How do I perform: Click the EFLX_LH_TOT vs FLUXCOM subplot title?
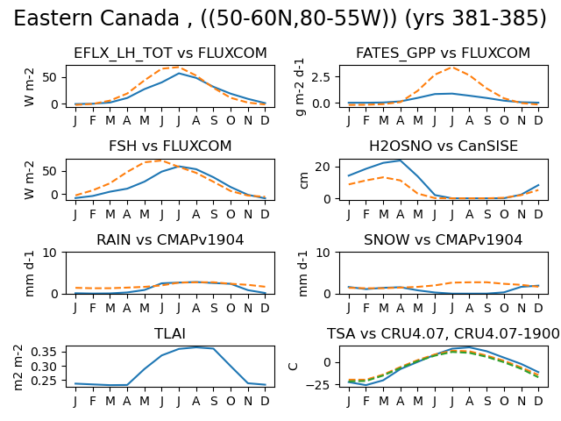pyautogui.click(x=170, y=53)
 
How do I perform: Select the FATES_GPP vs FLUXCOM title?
pyautogui.click(x=443, y=53)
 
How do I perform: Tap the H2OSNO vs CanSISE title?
pyautogui.click(x=444, y=146)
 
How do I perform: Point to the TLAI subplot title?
pyautogui.click(x=170, y=333)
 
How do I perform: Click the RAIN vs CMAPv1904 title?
pyautogui.click(x=170, y=239)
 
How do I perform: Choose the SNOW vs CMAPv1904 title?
pyautogui.click(x=443, y=239)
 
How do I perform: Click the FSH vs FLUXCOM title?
pyautogui.click(x=170, y=146)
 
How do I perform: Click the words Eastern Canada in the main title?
pyautogui.click(x=96, y=18)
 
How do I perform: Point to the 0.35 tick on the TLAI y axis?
pyautogui.click(x=44, y=352)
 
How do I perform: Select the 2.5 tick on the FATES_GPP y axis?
pyautogui.click(x=321, y=77)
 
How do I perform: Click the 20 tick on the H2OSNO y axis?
pyautogui.click(x=323, y=168)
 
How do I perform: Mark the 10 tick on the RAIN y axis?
pyautogui.click(x=49, y=253)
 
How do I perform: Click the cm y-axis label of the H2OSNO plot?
pyautogui.click(x=303, y=180)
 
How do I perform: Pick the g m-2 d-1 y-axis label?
pyautogui.click(x=300, y=87)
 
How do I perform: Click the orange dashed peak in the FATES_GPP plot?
pyautogui.click(x=452, y=68)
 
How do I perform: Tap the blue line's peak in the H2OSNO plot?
pyautogui.click(x=401, y=161)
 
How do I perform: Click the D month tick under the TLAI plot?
pyautogui.click(x=265, y=401)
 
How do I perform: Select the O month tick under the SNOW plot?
pyautogui.click(x=504, y=308)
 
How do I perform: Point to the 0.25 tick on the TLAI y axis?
pyautogui.click(x=44, y=381)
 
